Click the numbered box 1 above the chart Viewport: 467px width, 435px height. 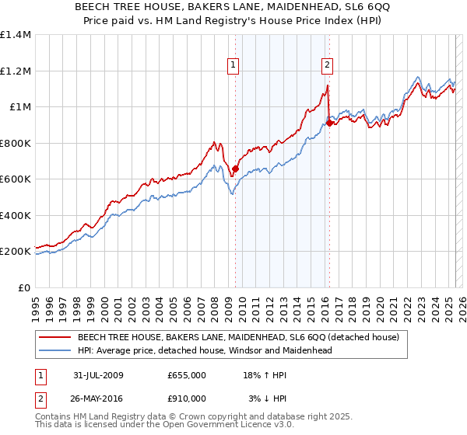point(234,65)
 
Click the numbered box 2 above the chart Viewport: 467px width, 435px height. point(327,65)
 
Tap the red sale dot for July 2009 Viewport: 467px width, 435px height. point(235,169)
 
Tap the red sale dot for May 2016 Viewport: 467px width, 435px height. point(329,123)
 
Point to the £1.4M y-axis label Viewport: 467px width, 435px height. point(16,35)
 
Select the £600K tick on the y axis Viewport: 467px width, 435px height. point(16,179)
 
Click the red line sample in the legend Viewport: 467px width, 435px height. point(54,337)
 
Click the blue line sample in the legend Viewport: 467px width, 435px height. point(54,350)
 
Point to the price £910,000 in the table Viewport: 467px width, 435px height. point(187,398)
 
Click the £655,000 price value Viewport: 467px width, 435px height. point(187,375)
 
